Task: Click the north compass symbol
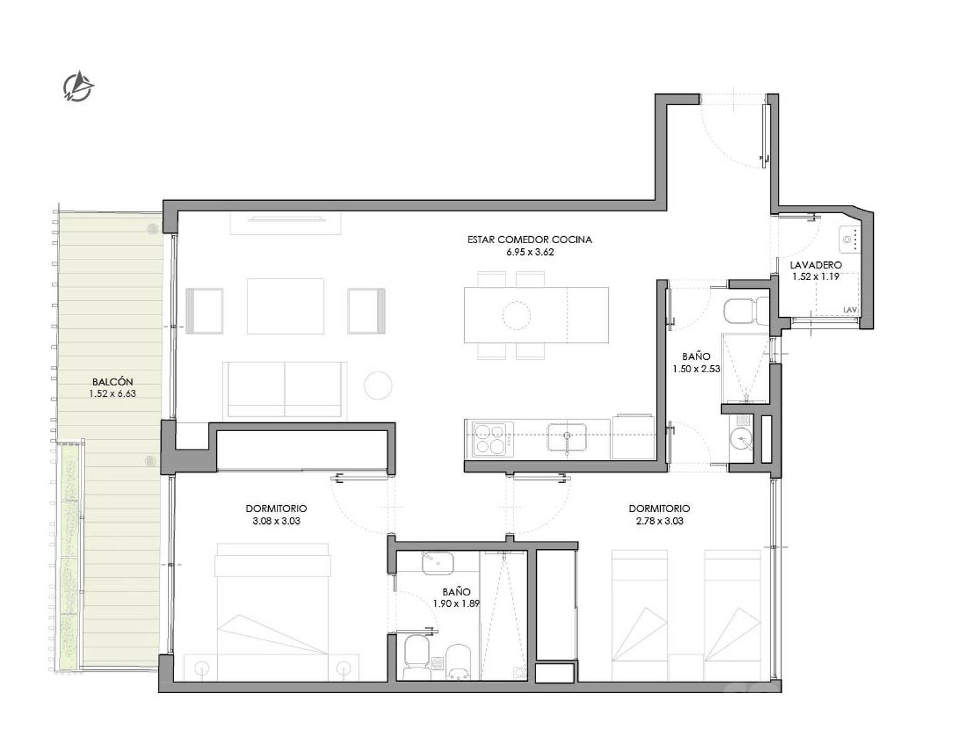(x=78, y=86)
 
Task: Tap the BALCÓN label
(x=113, y=382)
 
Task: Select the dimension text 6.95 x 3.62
(x=530, y=252)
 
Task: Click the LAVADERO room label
(x=816, y=265)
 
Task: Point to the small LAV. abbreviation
(x=850, y=310)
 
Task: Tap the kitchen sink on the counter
(x=567, y=437)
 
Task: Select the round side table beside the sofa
(x=378, y=385)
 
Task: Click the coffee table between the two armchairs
(x=286, y=306)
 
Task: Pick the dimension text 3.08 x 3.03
(x=276, y=521)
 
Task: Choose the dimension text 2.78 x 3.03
(x=660, y=521)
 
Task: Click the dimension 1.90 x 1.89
(x=456, y=603)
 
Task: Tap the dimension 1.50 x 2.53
(x=696, y=369)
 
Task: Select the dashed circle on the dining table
(x=516, y=316)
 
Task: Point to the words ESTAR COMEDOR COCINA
(x=530, y=240)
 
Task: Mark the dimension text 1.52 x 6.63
(x=113, y=394)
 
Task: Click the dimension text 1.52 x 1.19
(x=816, y=277)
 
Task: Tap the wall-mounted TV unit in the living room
(x=286, y=223)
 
